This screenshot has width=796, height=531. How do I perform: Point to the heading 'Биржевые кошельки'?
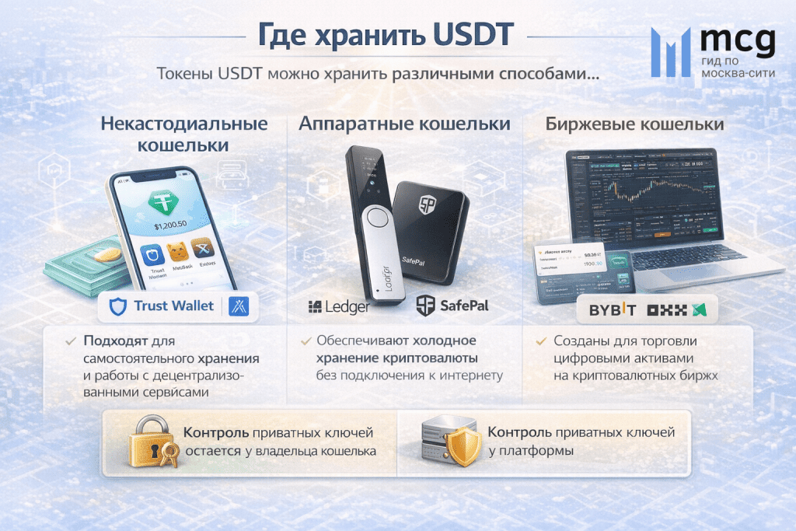[x=634, y=124]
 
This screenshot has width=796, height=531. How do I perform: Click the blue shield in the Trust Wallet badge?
[x=118, y=306]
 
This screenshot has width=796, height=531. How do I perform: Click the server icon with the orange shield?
[x=449, y=442]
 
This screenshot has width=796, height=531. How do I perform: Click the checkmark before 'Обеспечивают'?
[x=304, y=341]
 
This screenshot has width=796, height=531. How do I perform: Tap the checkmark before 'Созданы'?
[x=540, y=341]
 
